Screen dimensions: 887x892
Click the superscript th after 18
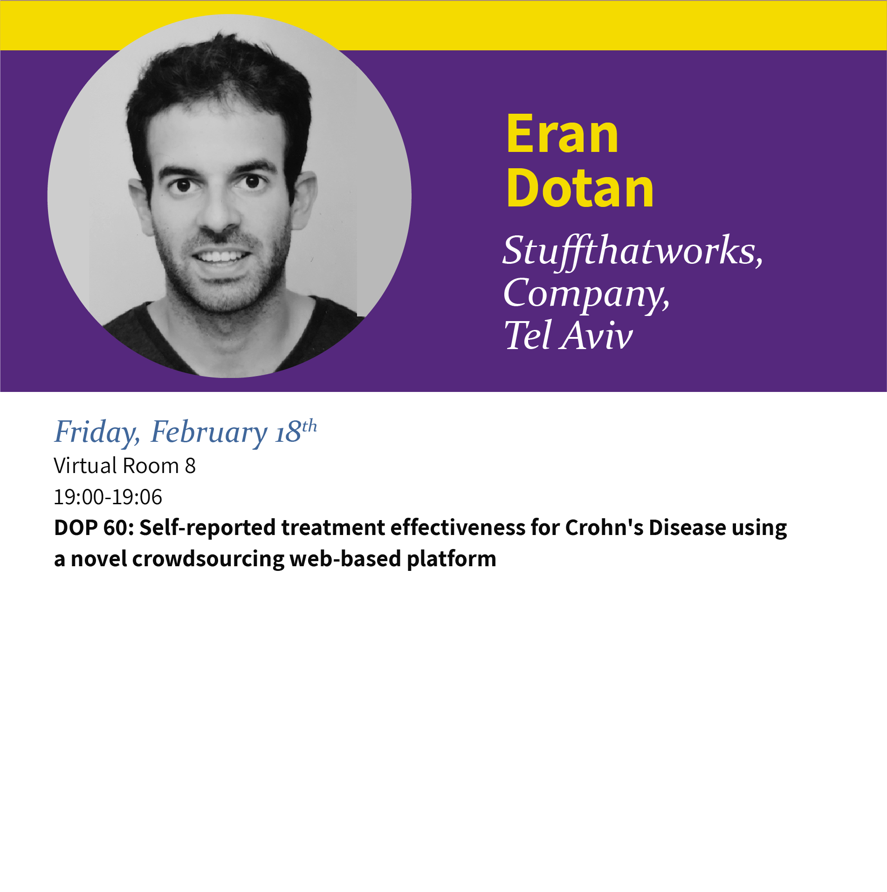click(309, 426)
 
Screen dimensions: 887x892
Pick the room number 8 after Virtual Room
click(190, 466)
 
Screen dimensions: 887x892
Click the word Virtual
click(85, 466)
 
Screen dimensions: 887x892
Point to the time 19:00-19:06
click(108, 497)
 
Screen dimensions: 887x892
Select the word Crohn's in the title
click(604, 528)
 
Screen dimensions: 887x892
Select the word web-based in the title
click(345, 559)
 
